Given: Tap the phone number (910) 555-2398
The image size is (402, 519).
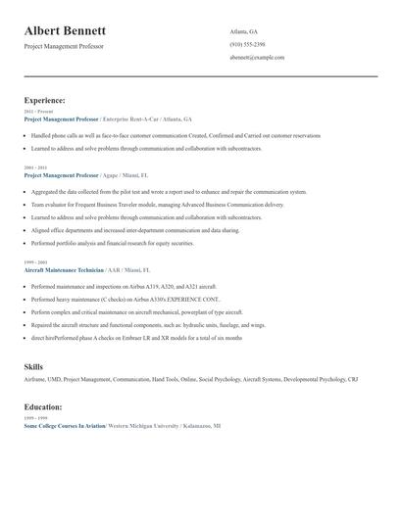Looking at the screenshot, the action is [247, 44].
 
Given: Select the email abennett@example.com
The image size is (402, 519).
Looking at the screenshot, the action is [257, 58].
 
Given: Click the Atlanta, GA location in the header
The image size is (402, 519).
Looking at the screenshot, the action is [244, 31].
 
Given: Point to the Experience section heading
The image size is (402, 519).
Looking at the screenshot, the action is [45, 100].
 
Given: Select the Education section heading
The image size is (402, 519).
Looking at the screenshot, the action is [44, 405].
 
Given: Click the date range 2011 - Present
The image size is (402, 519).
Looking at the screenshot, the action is [34, 112].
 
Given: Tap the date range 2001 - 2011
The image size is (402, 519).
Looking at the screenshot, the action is [34, 167].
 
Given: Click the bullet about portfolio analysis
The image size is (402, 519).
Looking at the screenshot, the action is [112, 243].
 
